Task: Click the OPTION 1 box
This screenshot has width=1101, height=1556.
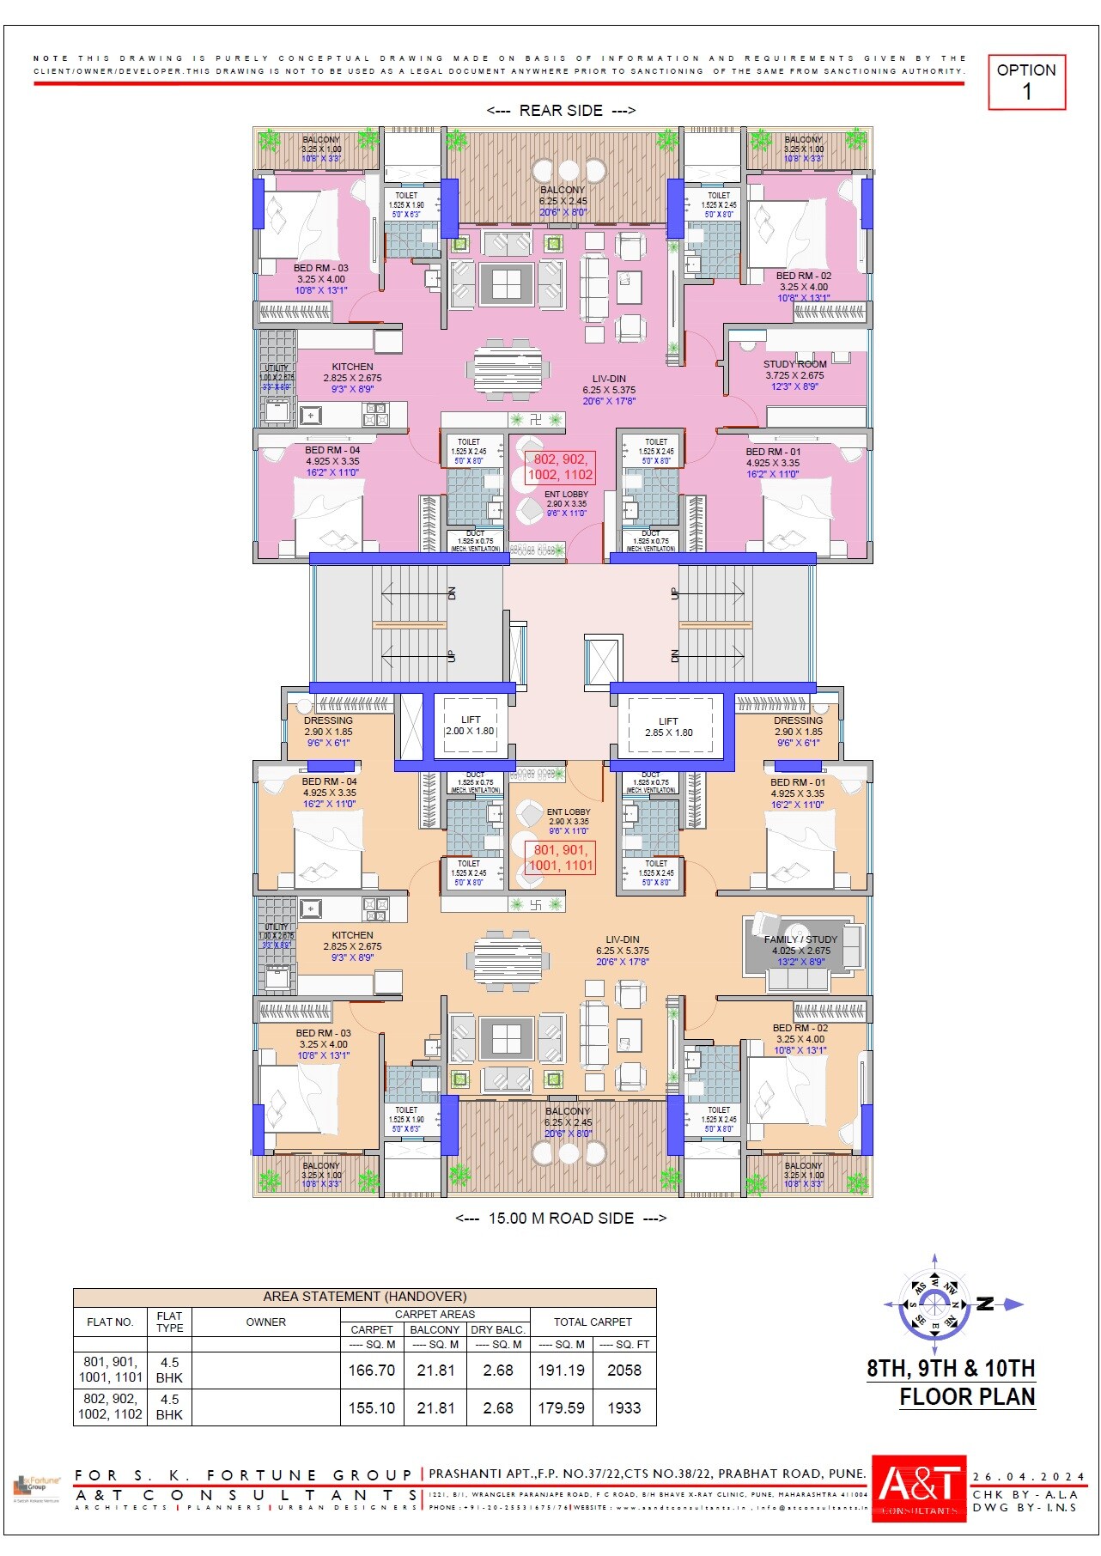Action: (1026, 82)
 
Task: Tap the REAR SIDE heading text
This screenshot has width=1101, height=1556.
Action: (561, 111)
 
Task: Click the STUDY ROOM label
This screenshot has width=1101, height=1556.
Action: (794, 364)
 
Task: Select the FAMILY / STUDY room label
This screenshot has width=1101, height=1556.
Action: (800, 939)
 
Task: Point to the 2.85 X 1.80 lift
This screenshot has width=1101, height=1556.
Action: (669, 727)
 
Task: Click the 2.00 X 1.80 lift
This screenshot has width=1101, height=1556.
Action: (470, 726)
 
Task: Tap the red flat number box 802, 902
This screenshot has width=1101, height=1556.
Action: (560, 467)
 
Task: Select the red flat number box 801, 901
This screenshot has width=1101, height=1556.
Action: (560, 858)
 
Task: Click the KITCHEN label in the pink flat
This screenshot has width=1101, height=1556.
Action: (352, 367)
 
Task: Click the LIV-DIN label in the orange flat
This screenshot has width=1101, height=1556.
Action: (622, 939)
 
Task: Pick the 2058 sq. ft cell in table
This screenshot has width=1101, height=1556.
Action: (623, 1371)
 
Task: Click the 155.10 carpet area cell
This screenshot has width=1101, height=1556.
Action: (371, 1408)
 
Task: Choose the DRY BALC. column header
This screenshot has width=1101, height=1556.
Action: (498, 1329)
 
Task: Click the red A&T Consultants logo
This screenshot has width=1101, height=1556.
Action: (919, 1488)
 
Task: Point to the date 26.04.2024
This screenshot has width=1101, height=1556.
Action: (1028, 1477)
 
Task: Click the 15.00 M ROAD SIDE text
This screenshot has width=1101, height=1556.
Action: (561, 1219)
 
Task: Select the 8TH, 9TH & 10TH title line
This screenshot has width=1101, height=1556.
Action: (950, 1368)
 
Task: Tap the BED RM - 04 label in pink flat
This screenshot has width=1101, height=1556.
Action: (332, 450)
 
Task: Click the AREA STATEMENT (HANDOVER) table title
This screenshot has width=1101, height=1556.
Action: (364, 1297)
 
